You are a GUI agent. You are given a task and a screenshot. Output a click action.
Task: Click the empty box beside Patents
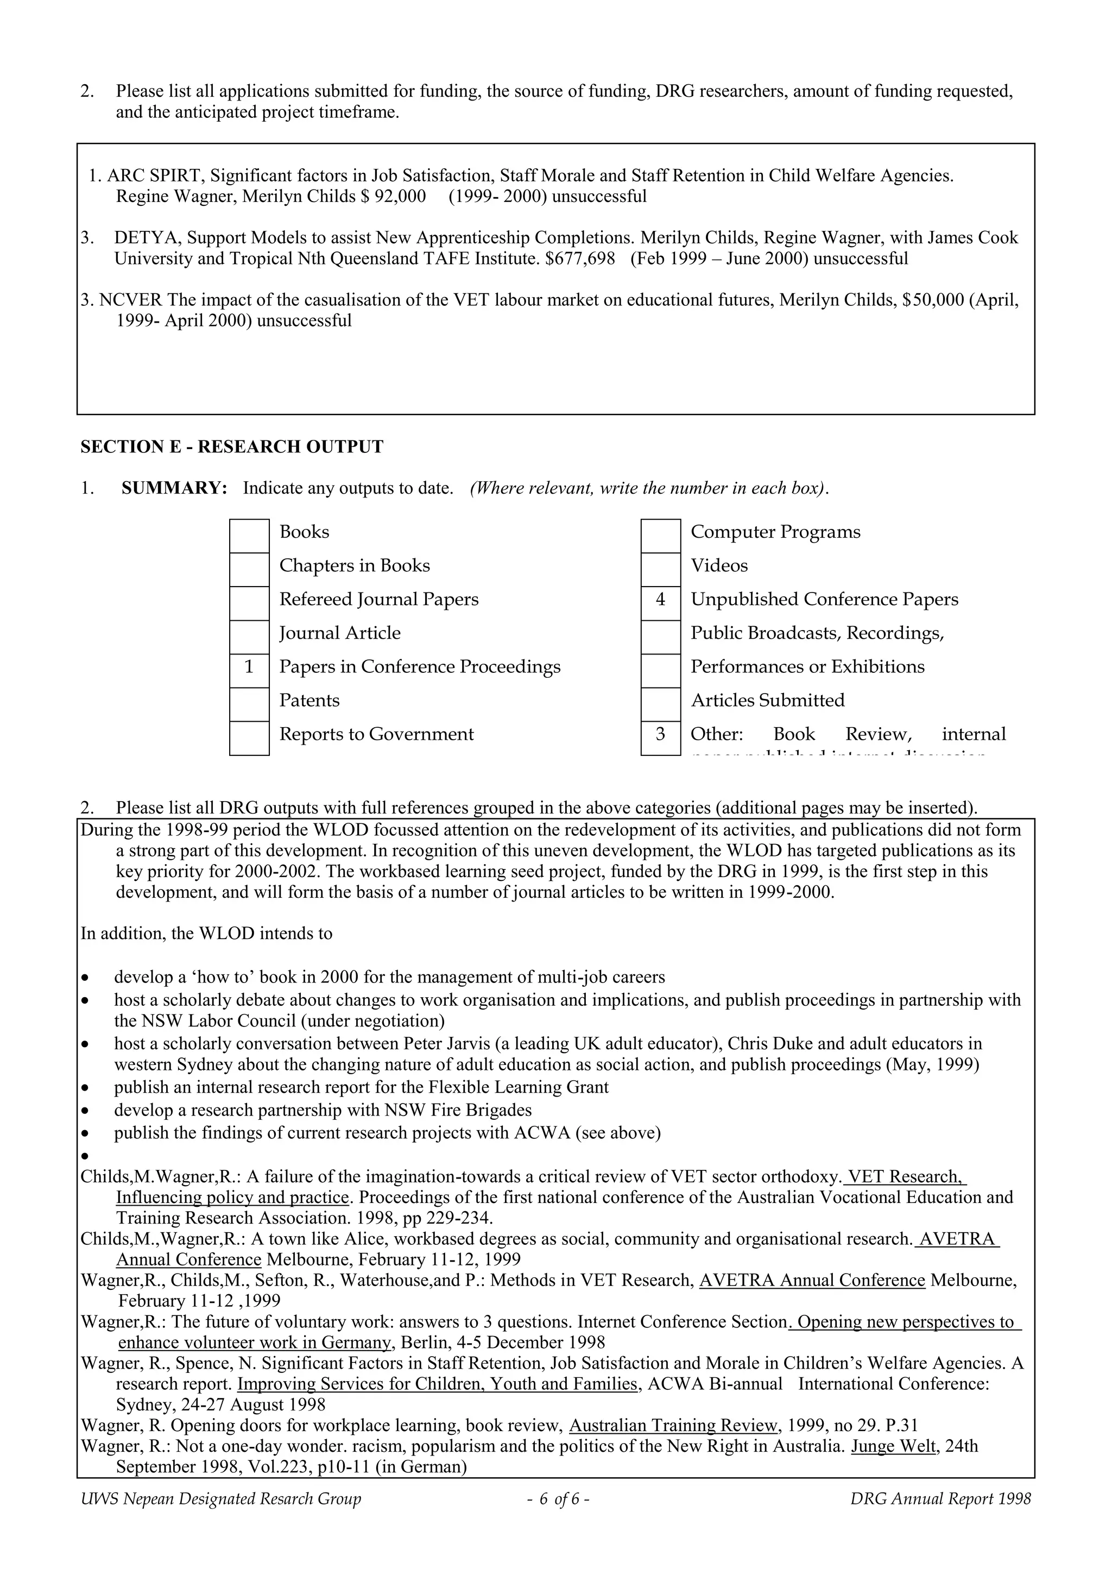[249, 704]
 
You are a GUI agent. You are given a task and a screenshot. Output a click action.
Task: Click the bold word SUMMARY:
[174, 488]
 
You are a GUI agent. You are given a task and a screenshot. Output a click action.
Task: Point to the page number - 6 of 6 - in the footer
[558, 1499]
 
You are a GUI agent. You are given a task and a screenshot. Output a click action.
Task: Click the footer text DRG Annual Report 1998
[940, 1499]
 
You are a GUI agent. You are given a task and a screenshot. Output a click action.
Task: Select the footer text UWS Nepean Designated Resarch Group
[221, 1499]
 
